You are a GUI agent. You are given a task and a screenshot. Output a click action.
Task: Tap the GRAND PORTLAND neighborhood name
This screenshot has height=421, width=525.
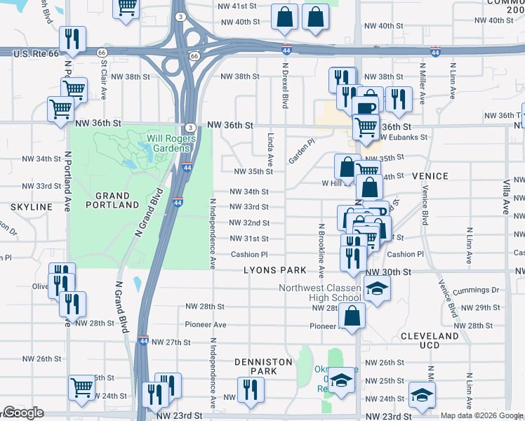coord(112,201)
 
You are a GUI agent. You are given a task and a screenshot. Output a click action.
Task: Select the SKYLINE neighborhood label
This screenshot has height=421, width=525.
coord(32,207)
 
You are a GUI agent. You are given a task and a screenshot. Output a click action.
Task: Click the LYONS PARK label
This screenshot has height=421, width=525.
coord(275,270)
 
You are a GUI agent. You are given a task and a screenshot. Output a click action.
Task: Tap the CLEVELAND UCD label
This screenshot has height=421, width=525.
coord(430,341)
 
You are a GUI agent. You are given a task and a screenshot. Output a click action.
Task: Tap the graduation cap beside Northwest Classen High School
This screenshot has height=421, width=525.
coord(377,288)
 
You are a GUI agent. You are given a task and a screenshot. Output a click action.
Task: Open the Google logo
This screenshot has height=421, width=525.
coord(22,413)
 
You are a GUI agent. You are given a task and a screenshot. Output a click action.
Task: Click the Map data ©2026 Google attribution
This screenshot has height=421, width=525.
coord(481,415)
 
